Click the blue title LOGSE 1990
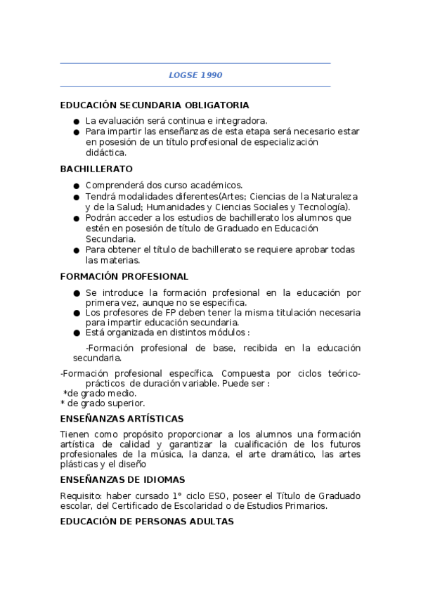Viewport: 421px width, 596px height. click(195, 74)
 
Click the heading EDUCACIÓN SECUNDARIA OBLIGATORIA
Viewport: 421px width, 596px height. click(155, 105)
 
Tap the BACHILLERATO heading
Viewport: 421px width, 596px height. click(96, 169)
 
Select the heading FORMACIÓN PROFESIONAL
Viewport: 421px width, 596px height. click(124, 276)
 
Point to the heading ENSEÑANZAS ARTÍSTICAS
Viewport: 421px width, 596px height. click(122, 418)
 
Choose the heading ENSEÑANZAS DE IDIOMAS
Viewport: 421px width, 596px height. click(122, 479)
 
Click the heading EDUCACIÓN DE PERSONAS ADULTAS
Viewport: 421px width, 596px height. click(146, 522)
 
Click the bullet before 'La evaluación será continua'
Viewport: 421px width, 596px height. click(76, 121)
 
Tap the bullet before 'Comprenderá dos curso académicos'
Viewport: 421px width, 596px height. click(76, 186)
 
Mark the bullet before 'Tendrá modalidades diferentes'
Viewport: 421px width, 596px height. click(76, 196)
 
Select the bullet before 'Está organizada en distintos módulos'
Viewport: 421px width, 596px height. click(76, 332)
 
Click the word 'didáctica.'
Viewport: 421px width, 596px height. click(105, 153)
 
